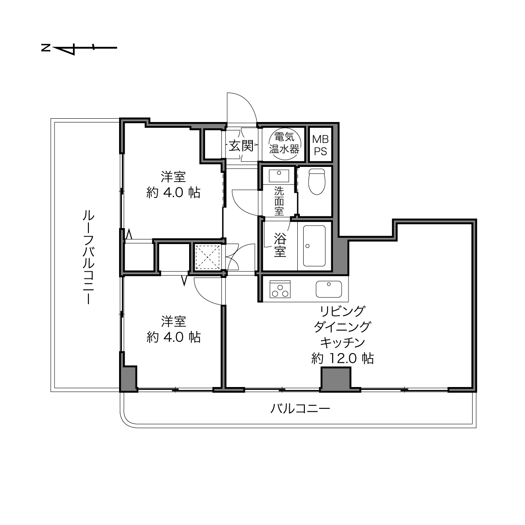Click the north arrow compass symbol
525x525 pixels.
(x=79, y=48)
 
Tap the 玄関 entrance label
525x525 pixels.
(x=241, y=146)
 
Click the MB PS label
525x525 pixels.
(x=320, y=146)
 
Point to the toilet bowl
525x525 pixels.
(x=317, y=181)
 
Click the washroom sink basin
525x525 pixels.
(x=279, y=175)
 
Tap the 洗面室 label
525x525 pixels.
(x=279, y=201)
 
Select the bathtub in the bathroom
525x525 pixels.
(x=314, y=246)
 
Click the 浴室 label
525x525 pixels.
(x=280, y=244)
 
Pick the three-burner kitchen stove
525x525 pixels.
(x=280, y=289)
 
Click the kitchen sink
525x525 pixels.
(x=329, y=289)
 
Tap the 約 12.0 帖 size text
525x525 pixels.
(x=343, y=358)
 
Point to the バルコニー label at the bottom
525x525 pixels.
(x=300, y=409)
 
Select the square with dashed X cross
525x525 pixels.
(x=208, y=257)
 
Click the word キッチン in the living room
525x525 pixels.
(x=343, y=343)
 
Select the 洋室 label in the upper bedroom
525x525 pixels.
(x=173, y=177)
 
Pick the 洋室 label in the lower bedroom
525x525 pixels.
(x=174, y=322)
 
